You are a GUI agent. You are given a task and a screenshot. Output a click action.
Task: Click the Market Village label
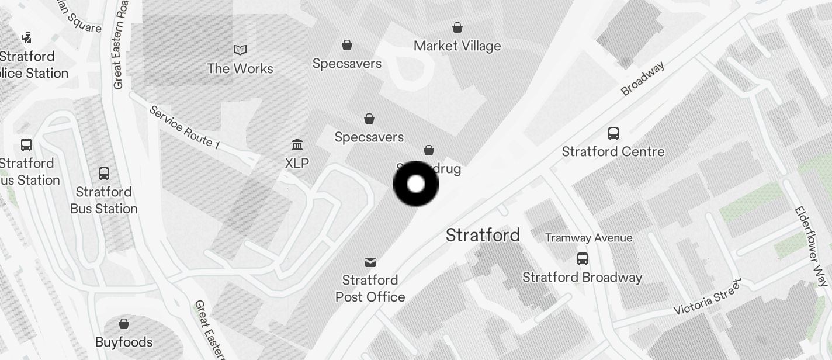point(457,46)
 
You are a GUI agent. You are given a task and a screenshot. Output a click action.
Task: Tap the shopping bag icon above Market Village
point(457,27)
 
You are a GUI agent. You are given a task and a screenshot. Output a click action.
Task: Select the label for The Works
point(240,68)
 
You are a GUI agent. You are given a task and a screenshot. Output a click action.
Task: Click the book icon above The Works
point(240,50)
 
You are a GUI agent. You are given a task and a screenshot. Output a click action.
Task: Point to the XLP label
point(297,163)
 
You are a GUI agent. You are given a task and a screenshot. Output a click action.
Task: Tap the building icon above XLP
point(297,144)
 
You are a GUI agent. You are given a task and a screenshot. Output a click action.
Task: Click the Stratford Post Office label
point(370,288)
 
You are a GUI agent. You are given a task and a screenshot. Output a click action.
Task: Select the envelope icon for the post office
point(370,262)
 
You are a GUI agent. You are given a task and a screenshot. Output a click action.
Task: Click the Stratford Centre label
point(613,151)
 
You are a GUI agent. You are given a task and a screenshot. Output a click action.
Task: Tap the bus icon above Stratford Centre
point(613,133)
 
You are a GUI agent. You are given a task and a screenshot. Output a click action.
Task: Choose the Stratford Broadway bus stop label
point(582,277)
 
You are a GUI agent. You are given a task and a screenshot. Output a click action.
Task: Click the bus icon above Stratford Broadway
point(583,258)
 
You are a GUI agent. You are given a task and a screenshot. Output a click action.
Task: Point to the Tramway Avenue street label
point(588,238)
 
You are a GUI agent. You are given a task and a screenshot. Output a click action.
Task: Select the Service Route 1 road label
point(184,127)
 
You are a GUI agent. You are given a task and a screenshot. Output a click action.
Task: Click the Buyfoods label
point(124,342)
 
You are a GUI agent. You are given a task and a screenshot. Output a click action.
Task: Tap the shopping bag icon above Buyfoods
point(124,323)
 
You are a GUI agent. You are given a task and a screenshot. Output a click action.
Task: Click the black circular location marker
point(416,184)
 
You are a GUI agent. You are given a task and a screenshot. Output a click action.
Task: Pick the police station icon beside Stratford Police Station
point(26,38)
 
